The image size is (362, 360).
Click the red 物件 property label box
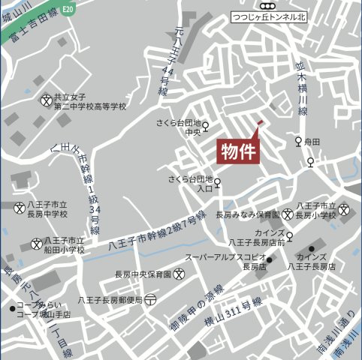click(238, 151)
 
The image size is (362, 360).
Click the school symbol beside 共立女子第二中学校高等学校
click(47, 99)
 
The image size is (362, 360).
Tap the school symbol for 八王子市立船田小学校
click(37, 243)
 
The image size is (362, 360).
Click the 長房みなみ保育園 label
click(247, 214)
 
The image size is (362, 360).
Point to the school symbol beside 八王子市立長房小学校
click(344, 209)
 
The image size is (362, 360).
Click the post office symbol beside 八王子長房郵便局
click(151, 299)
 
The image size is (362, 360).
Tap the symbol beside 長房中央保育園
click(179, 274)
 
